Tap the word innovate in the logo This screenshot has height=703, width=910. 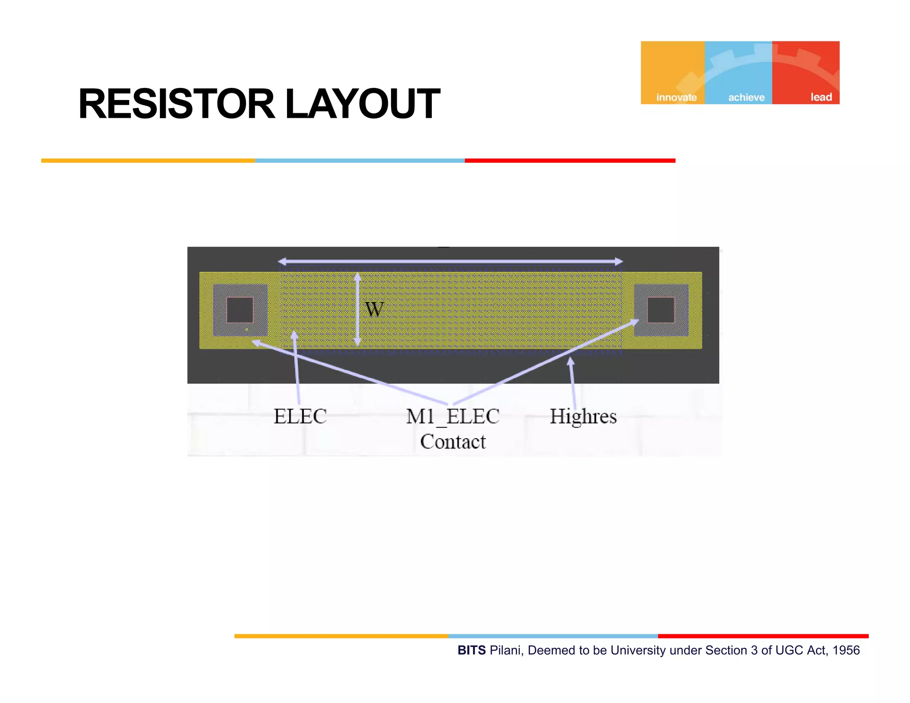[676, 97]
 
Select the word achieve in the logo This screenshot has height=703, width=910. [746, 97]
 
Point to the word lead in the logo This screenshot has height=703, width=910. [821, 97]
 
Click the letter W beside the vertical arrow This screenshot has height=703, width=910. [374, 309]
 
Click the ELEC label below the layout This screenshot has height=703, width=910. [300, 416]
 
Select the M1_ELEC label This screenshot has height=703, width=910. [452, 417]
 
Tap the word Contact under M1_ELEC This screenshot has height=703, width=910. [453, 442]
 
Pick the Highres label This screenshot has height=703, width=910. [583, 416]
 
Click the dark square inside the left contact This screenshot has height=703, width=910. [240, 310]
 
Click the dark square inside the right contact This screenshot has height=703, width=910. [661, 310]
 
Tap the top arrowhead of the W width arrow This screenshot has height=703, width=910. [357, 277]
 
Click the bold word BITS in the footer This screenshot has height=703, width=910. [471, 650]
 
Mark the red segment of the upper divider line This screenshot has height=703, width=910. [570, 160]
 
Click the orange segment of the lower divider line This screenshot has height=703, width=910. [341, 636]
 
